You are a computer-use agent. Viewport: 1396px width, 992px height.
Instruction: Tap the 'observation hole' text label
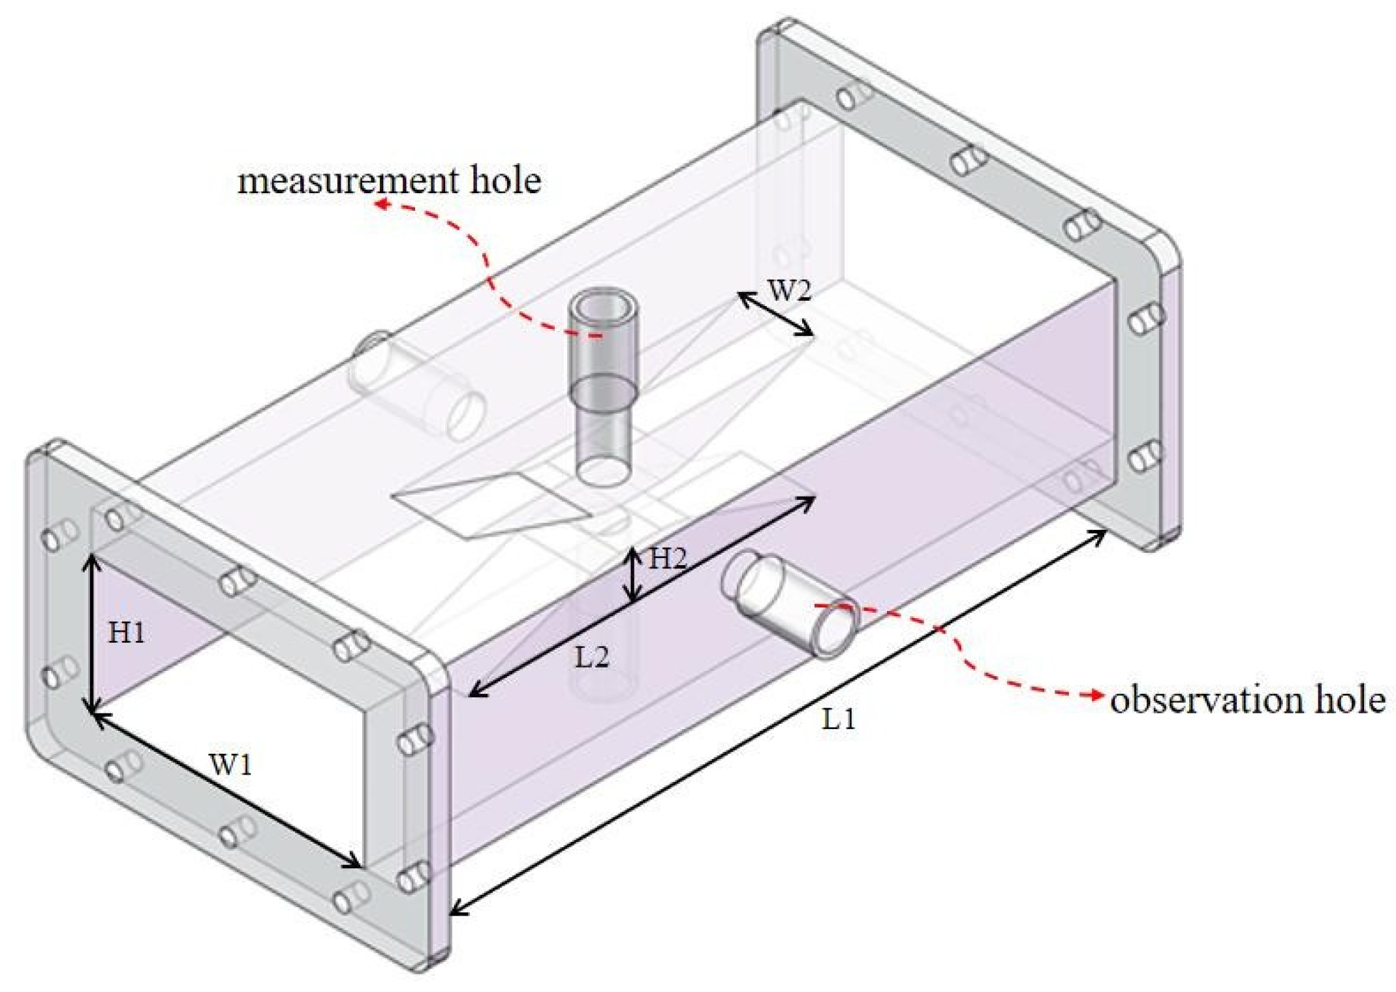point(1247,700)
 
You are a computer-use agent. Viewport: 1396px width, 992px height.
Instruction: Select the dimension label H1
point(126,632)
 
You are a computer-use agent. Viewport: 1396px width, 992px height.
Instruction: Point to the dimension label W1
point(230,764)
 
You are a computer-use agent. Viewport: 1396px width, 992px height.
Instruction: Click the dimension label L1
point(837,719)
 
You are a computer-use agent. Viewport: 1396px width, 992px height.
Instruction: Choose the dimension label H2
point(666,559)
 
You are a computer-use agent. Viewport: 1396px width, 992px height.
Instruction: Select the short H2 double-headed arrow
point(631,574)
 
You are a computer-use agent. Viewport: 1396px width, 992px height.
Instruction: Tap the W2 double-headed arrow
point(775,314)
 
